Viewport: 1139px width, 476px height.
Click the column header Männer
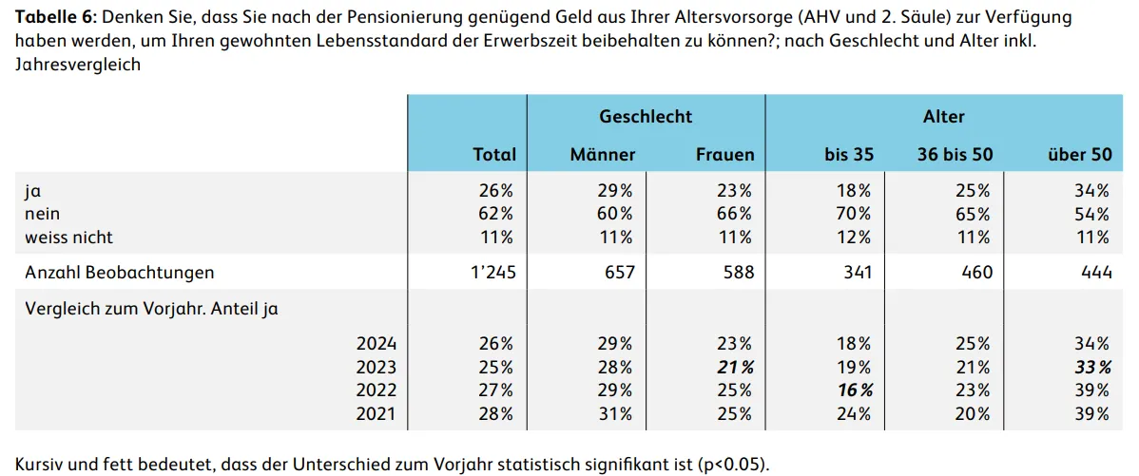603,155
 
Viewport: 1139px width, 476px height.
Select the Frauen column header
725,155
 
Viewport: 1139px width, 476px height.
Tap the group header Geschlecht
646,116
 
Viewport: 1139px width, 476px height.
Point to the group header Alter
943,116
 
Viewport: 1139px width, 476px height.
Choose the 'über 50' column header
1080,155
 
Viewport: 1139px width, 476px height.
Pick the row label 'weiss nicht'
69,238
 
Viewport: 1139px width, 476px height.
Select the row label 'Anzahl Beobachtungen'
120,273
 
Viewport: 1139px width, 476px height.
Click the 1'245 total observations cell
493,273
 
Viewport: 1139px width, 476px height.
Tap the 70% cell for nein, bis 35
855,214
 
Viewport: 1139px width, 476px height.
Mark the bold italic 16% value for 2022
855,390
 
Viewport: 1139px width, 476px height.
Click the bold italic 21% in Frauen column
735,367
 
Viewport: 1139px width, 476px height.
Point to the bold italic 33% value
1091,367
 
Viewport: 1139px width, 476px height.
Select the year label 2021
376,413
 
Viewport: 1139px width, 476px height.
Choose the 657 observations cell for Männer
620,273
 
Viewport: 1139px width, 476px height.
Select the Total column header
494,155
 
